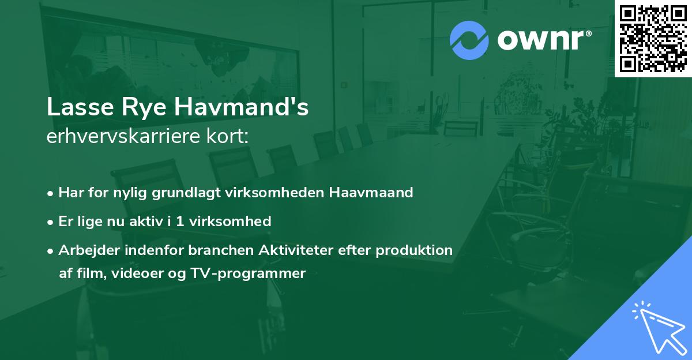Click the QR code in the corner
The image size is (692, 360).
(x=653, y=38)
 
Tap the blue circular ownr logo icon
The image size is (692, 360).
(x=469, y=40)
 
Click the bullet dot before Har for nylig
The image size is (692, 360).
(x=51, y=193)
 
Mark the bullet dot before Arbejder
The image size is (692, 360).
(x=51, y=251)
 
